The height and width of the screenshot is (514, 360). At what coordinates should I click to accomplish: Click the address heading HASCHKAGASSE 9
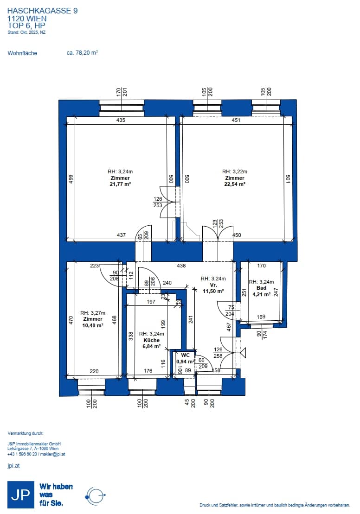(x=42, y=11)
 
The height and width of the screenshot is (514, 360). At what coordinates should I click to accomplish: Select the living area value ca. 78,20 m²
(x=83, y=53)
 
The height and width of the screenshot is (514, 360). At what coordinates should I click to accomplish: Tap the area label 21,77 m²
(x=121, y=184)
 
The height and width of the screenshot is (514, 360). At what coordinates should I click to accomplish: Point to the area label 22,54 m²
(x=235, y=184)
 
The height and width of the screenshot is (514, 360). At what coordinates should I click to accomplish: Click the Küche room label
(x=151, y=340)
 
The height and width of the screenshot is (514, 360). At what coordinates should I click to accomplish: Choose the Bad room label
(x=261, y=288)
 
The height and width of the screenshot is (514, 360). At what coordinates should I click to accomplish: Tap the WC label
(x=186, y=355)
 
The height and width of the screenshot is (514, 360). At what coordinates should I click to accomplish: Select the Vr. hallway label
(x=213, y=285)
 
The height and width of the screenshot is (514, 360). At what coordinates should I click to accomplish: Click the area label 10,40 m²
(x=93, y=325)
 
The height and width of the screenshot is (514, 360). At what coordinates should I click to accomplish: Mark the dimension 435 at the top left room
(x=121, y=121)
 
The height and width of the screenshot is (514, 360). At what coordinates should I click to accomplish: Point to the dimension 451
(x=236, y=121)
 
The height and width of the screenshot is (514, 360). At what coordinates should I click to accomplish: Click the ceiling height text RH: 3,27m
(x=93, y=313)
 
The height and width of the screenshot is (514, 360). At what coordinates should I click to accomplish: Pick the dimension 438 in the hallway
(x=181, y=266)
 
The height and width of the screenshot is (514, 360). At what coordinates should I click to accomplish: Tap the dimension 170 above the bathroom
(x=262, y=266)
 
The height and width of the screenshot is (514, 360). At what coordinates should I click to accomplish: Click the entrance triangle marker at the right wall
(x=243, y=353)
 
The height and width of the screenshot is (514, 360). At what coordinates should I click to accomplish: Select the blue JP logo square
(x=21, y=495)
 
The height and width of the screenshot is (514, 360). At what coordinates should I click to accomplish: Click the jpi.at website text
(x=13, y=466)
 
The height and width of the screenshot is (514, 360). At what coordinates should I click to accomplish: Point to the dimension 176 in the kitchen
(x=148, y=371)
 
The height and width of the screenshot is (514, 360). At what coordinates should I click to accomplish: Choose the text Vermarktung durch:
(x=25, y=433)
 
